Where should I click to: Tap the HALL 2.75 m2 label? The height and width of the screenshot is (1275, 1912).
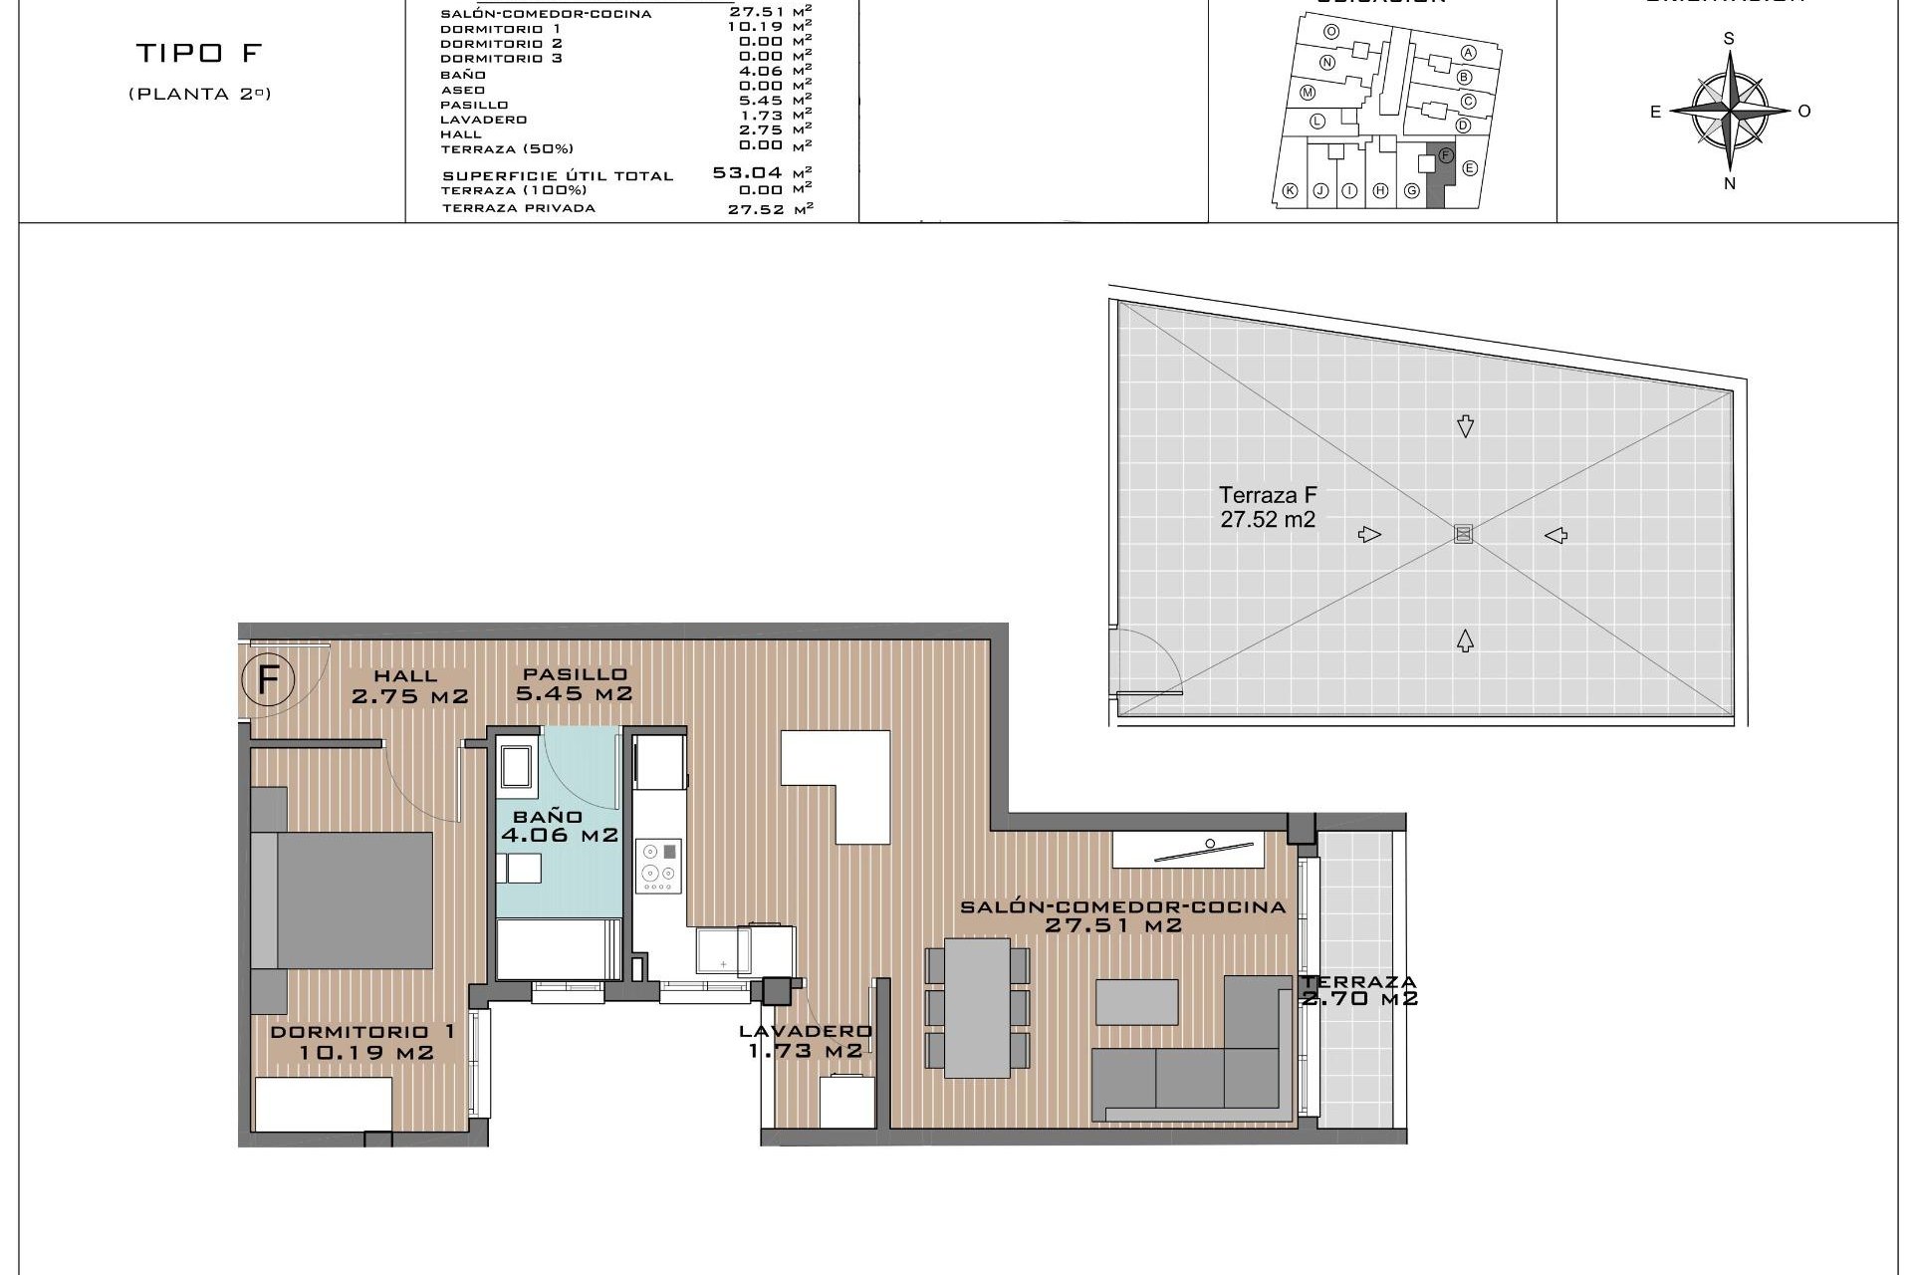408,687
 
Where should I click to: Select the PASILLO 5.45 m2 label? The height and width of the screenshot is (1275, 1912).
574,684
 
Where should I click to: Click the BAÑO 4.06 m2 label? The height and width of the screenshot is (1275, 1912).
559,827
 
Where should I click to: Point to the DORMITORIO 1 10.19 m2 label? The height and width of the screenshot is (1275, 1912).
364,1042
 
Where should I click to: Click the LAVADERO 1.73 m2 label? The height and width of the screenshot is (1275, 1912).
806,1041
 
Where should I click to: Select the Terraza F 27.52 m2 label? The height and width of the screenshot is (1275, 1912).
1268,507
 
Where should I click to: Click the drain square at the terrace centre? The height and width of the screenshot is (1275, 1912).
1463,534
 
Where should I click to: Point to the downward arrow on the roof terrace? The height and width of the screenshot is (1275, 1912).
1465,426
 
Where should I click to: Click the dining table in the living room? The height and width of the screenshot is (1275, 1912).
977,1007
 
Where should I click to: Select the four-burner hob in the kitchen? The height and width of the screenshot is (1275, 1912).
659,865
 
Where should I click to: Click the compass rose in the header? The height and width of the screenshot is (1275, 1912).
1730,111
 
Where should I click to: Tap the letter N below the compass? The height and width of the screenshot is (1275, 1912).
1730,183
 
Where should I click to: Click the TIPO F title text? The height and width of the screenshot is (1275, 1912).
199,53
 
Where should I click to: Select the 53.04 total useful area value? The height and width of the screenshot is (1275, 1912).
746,172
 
